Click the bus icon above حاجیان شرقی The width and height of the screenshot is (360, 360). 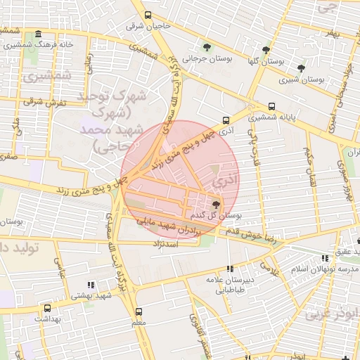click(148, 15)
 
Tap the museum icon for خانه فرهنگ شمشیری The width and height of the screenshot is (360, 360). click(37, 34)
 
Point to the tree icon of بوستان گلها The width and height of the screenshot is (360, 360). click(266, 50)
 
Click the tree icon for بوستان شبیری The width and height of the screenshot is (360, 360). click(301, 68)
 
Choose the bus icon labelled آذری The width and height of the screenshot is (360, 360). click(226, 120)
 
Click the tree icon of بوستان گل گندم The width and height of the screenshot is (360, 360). click(216, 205)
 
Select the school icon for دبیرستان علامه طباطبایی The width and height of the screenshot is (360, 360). click(230, 268)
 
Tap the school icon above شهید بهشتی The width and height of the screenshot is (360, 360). click(90, 285)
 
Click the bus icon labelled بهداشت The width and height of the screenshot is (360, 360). click(47, 308)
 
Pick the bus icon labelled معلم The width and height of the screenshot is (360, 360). click(138, 311)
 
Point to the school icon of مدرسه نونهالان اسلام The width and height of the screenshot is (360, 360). click(323, 259)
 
